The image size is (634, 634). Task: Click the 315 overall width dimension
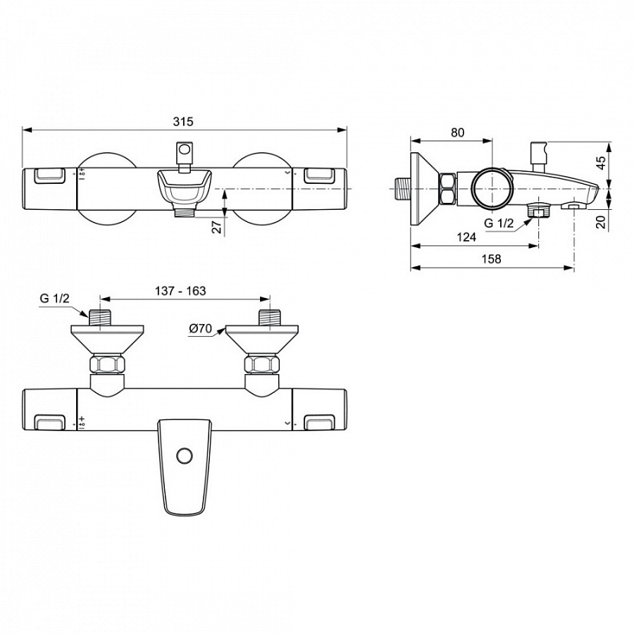pos(183,121)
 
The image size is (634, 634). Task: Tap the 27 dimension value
pos(217,226)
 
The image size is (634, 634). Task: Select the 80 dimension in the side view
pos(457,132)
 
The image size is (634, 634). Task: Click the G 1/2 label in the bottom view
pos(54,299)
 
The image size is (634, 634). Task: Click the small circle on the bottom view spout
pos(185,455)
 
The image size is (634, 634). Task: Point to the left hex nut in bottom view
pos(107,365)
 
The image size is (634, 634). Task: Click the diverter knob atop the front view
pos(185,150)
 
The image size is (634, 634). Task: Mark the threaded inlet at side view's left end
pos(402,189)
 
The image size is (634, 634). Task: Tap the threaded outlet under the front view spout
pos(185,210)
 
